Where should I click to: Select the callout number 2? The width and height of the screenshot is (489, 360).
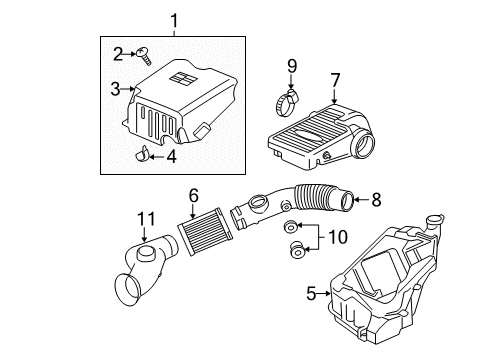click(x=117, y=52)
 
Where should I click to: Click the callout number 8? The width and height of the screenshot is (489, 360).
click(x=375, y=199)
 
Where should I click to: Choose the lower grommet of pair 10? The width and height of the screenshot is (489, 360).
click(x=297, y=247)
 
